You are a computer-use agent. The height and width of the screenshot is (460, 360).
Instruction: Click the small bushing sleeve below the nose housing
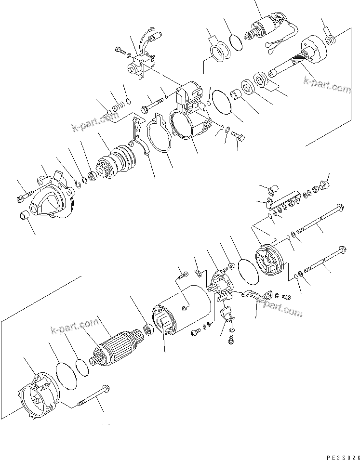(x=24, y=218)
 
